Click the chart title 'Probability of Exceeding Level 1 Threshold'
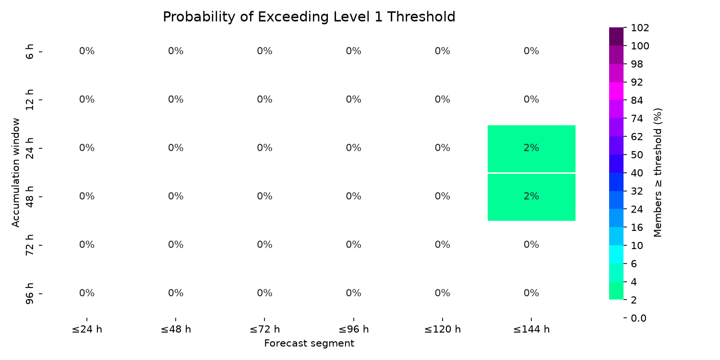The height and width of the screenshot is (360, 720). (x=309, y=17)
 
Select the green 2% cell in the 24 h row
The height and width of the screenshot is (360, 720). (x=531, y=148)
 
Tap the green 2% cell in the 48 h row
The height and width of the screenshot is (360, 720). (x=531, y=197)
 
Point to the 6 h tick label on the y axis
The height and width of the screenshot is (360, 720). (x=29, y=51)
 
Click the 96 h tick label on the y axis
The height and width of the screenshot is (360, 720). (x=29, y=293)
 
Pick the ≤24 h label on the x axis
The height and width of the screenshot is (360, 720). (x=87, y=329)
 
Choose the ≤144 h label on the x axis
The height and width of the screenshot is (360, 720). (x=531, y=329)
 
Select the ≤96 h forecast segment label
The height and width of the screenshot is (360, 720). (x=354, y=329)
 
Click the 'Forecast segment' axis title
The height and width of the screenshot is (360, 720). (x=309, y=344)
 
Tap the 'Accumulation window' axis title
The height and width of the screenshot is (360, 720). (x=15, y=173)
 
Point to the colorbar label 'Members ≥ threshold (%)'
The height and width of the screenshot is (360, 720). (x=658, y=173)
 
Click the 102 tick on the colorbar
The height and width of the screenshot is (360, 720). (x=640, y=28)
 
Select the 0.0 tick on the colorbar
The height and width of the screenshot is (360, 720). (x=638, y=318)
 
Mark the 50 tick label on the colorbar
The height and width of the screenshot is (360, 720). (x=637, y=155)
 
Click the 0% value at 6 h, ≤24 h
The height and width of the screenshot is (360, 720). (x=87, y=51)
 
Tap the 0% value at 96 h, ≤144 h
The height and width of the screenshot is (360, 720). (x=531, y=293)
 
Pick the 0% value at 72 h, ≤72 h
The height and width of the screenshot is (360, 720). (x=264, y=245)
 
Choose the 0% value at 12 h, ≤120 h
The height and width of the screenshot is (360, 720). (x=442, y=100)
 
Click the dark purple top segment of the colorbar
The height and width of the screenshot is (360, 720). (x=616, y=36)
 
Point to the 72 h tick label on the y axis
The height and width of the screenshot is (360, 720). (x=29, y=245)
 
